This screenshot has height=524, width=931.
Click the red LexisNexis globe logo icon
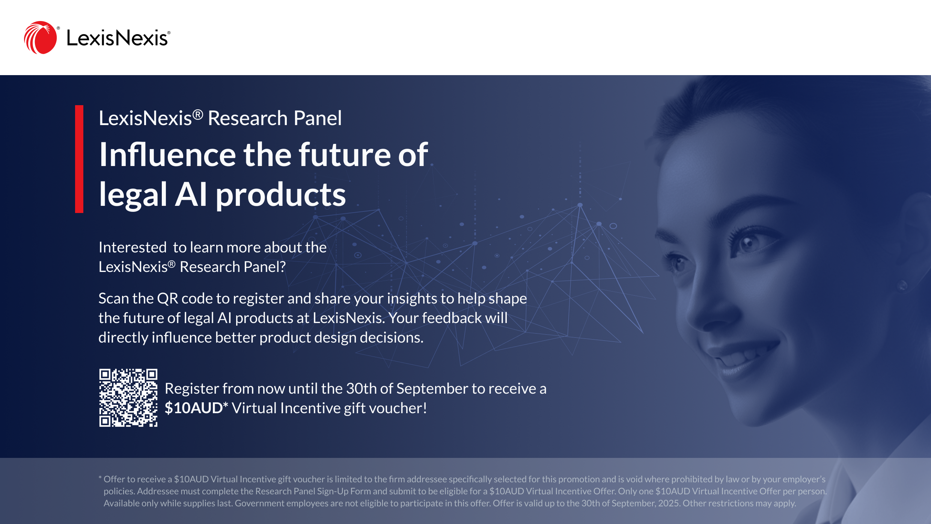pos(40,38)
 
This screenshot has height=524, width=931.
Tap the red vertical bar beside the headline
pos(79,159)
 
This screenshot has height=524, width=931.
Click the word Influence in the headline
pos(167,154)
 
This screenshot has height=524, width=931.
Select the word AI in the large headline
pos(191,195)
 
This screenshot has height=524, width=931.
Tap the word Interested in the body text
pos(133,247)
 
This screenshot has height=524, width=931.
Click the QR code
pos(128,398)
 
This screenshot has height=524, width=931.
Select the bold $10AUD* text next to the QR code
pos(196,408)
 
